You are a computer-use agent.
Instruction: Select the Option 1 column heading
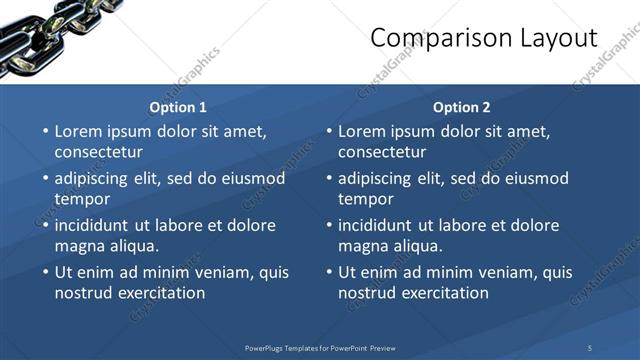click(x=178, y=107)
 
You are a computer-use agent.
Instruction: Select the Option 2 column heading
click(x=462, y=107)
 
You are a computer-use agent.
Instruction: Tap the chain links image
click(x=40, y=30)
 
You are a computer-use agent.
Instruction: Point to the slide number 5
click(x=590, y=348)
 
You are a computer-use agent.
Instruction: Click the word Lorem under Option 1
click(x=79, y=131)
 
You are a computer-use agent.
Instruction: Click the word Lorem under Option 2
click(x=363, y=131)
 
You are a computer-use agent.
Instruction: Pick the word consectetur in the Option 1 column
click(x=98, y=152)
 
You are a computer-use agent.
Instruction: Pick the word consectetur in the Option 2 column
click(x=382, y=152)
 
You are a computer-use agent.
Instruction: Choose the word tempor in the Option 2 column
click(x=366, y=198)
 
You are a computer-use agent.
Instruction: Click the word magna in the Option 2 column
click(x=362, y=245)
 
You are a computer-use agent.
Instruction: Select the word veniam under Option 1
click(x=219, y=272)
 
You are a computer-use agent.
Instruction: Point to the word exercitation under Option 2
click(x=440, y=293)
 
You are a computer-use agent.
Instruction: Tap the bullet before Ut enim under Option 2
click(x=329, y=272)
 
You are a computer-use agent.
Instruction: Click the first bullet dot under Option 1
click(x=45, y=131)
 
